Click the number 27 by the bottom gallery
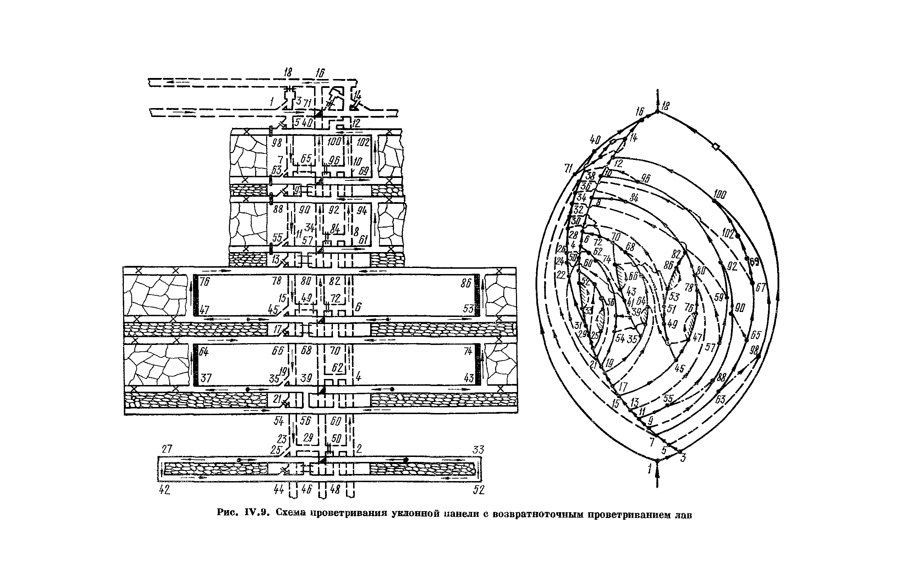(167, 449)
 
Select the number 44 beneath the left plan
(279, 490)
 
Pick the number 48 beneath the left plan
(335, 490)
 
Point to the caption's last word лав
(684, 515)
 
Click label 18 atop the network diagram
(665, 106)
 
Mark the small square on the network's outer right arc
(715, 147)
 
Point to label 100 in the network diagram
(720, 195)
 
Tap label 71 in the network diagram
(568, 168)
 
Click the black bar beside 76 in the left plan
(196, 295)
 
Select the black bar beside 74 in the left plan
(478, 364)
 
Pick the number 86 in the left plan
(466, 283)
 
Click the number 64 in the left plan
(204, 351)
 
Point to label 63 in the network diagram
(721, 399)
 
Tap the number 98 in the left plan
(277, 143)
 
